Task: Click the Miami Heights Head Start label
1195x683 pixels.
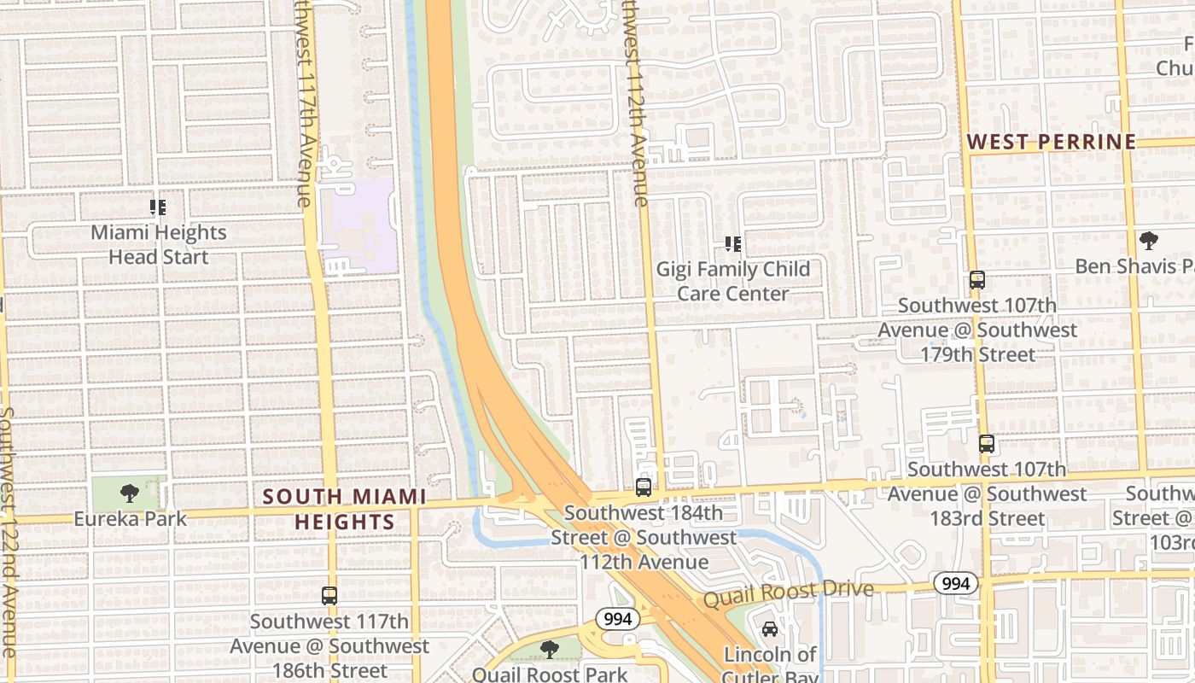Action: pos(159,244)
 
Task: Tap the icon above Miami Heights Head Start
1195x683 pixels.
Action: pos(158,207)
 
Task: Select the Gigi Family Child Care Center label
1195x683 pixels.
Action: pos(732,281)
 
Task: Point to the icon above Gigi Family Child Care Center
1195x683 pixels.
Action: pos(732,245)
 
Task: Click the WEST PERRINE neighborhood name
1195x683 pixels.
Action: pos(1051,142)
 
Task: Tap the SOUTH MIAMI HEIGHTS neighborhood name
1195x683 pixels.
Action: pos(344,509)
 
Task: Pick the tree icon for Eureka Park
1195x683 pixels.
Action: pos(130,493)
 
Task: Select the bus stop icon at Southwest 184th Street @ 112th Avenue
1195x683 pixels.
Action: pos(644,487)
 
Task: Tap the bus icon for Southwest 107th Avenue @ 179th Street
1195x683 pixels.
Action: pos(977,280)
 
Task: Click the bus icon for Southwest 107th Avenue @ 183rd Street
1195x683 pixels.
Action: pos(987,444)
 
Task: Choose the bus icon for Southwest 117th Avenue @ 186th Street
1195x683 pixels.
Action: pos(329,596)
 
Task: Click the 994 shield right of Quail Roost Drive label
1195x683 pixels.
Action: pos(956,583)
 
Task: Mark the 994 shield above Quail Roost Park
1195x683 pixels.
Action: pos(617,619)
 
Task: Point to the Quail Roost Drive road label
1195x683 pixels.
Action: pos(788,593)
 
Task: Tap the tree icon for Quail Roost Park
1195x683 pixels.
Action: pos(550,650)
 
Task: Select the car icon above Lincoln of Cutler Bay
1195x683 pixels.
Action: pos(769,629)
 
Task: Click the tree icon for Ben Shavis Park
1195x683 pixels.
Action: pos(1149,241)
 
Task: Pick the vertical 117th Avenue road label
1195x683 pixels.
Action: pos(304,102)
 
